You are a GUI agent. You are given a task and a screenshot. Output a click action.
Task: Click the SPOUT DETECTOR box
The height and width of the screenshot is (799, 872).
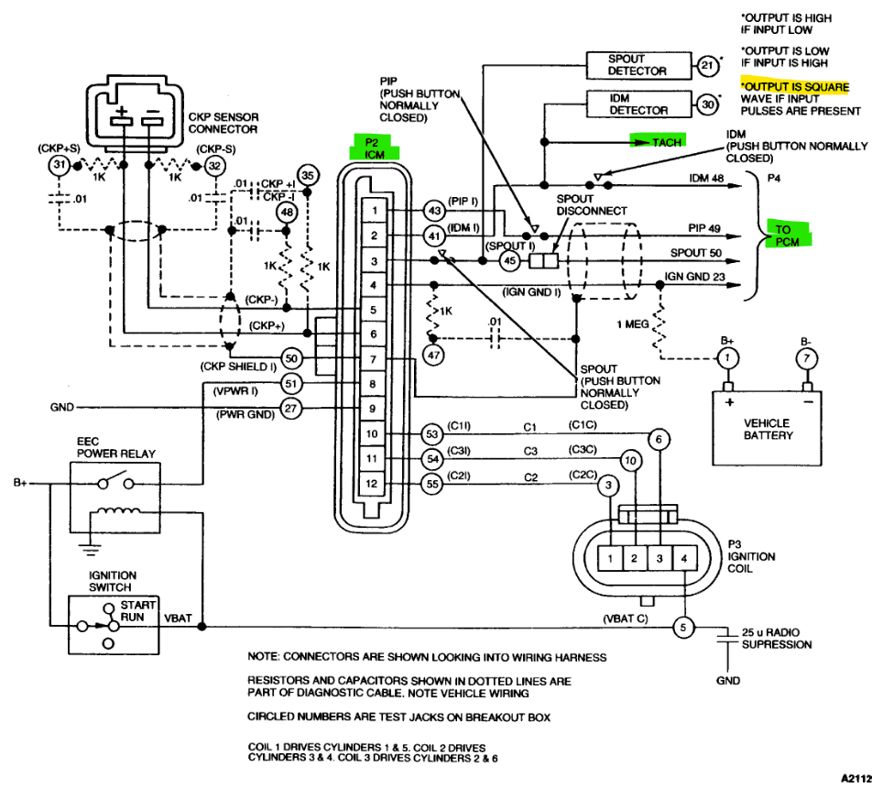638,65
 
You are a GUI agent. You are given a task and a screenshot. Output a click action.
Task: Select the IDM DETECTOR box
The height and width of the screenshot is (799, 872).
638,104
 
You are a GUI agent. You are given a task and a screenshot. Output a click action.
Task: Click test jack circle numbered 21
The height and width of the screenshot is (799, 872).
707,65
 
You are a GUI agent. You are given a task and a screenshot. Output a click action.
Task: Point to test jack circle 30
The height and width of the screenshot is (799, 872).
707,104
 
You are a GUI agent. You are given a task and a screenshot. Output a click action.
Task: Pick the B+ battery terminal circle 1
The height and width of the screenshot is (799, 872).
728,356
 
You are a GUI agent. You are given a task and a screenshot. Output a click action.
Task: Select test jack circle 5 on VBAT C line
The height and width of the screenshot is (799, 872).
682,628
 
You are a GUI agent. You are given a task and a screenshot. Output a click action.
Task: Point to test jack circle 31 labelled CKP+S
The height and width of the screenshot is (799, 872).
59,165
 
